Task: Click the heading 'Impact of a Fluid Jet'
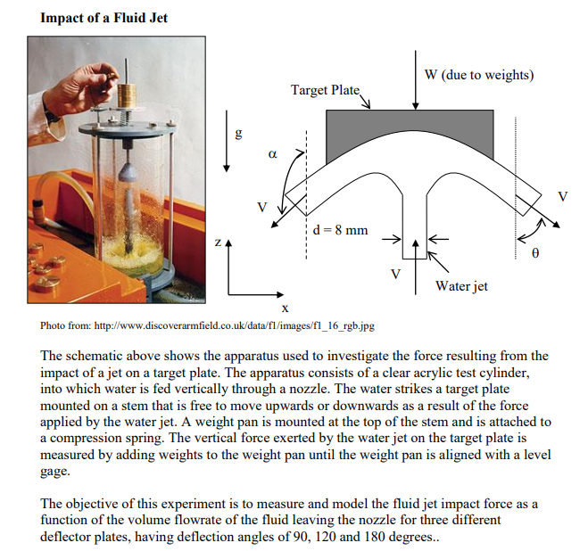click(x=104, y=18)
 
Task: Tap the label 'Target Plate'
click(x=324, y=90)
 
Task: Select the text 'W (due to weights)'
click(x=479, y=74)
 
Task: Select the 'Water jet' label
click(x=461, y=286)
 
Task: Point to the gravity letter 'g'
click(x=237, y=135)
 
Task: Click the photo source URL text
click(x=207, y=326)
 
